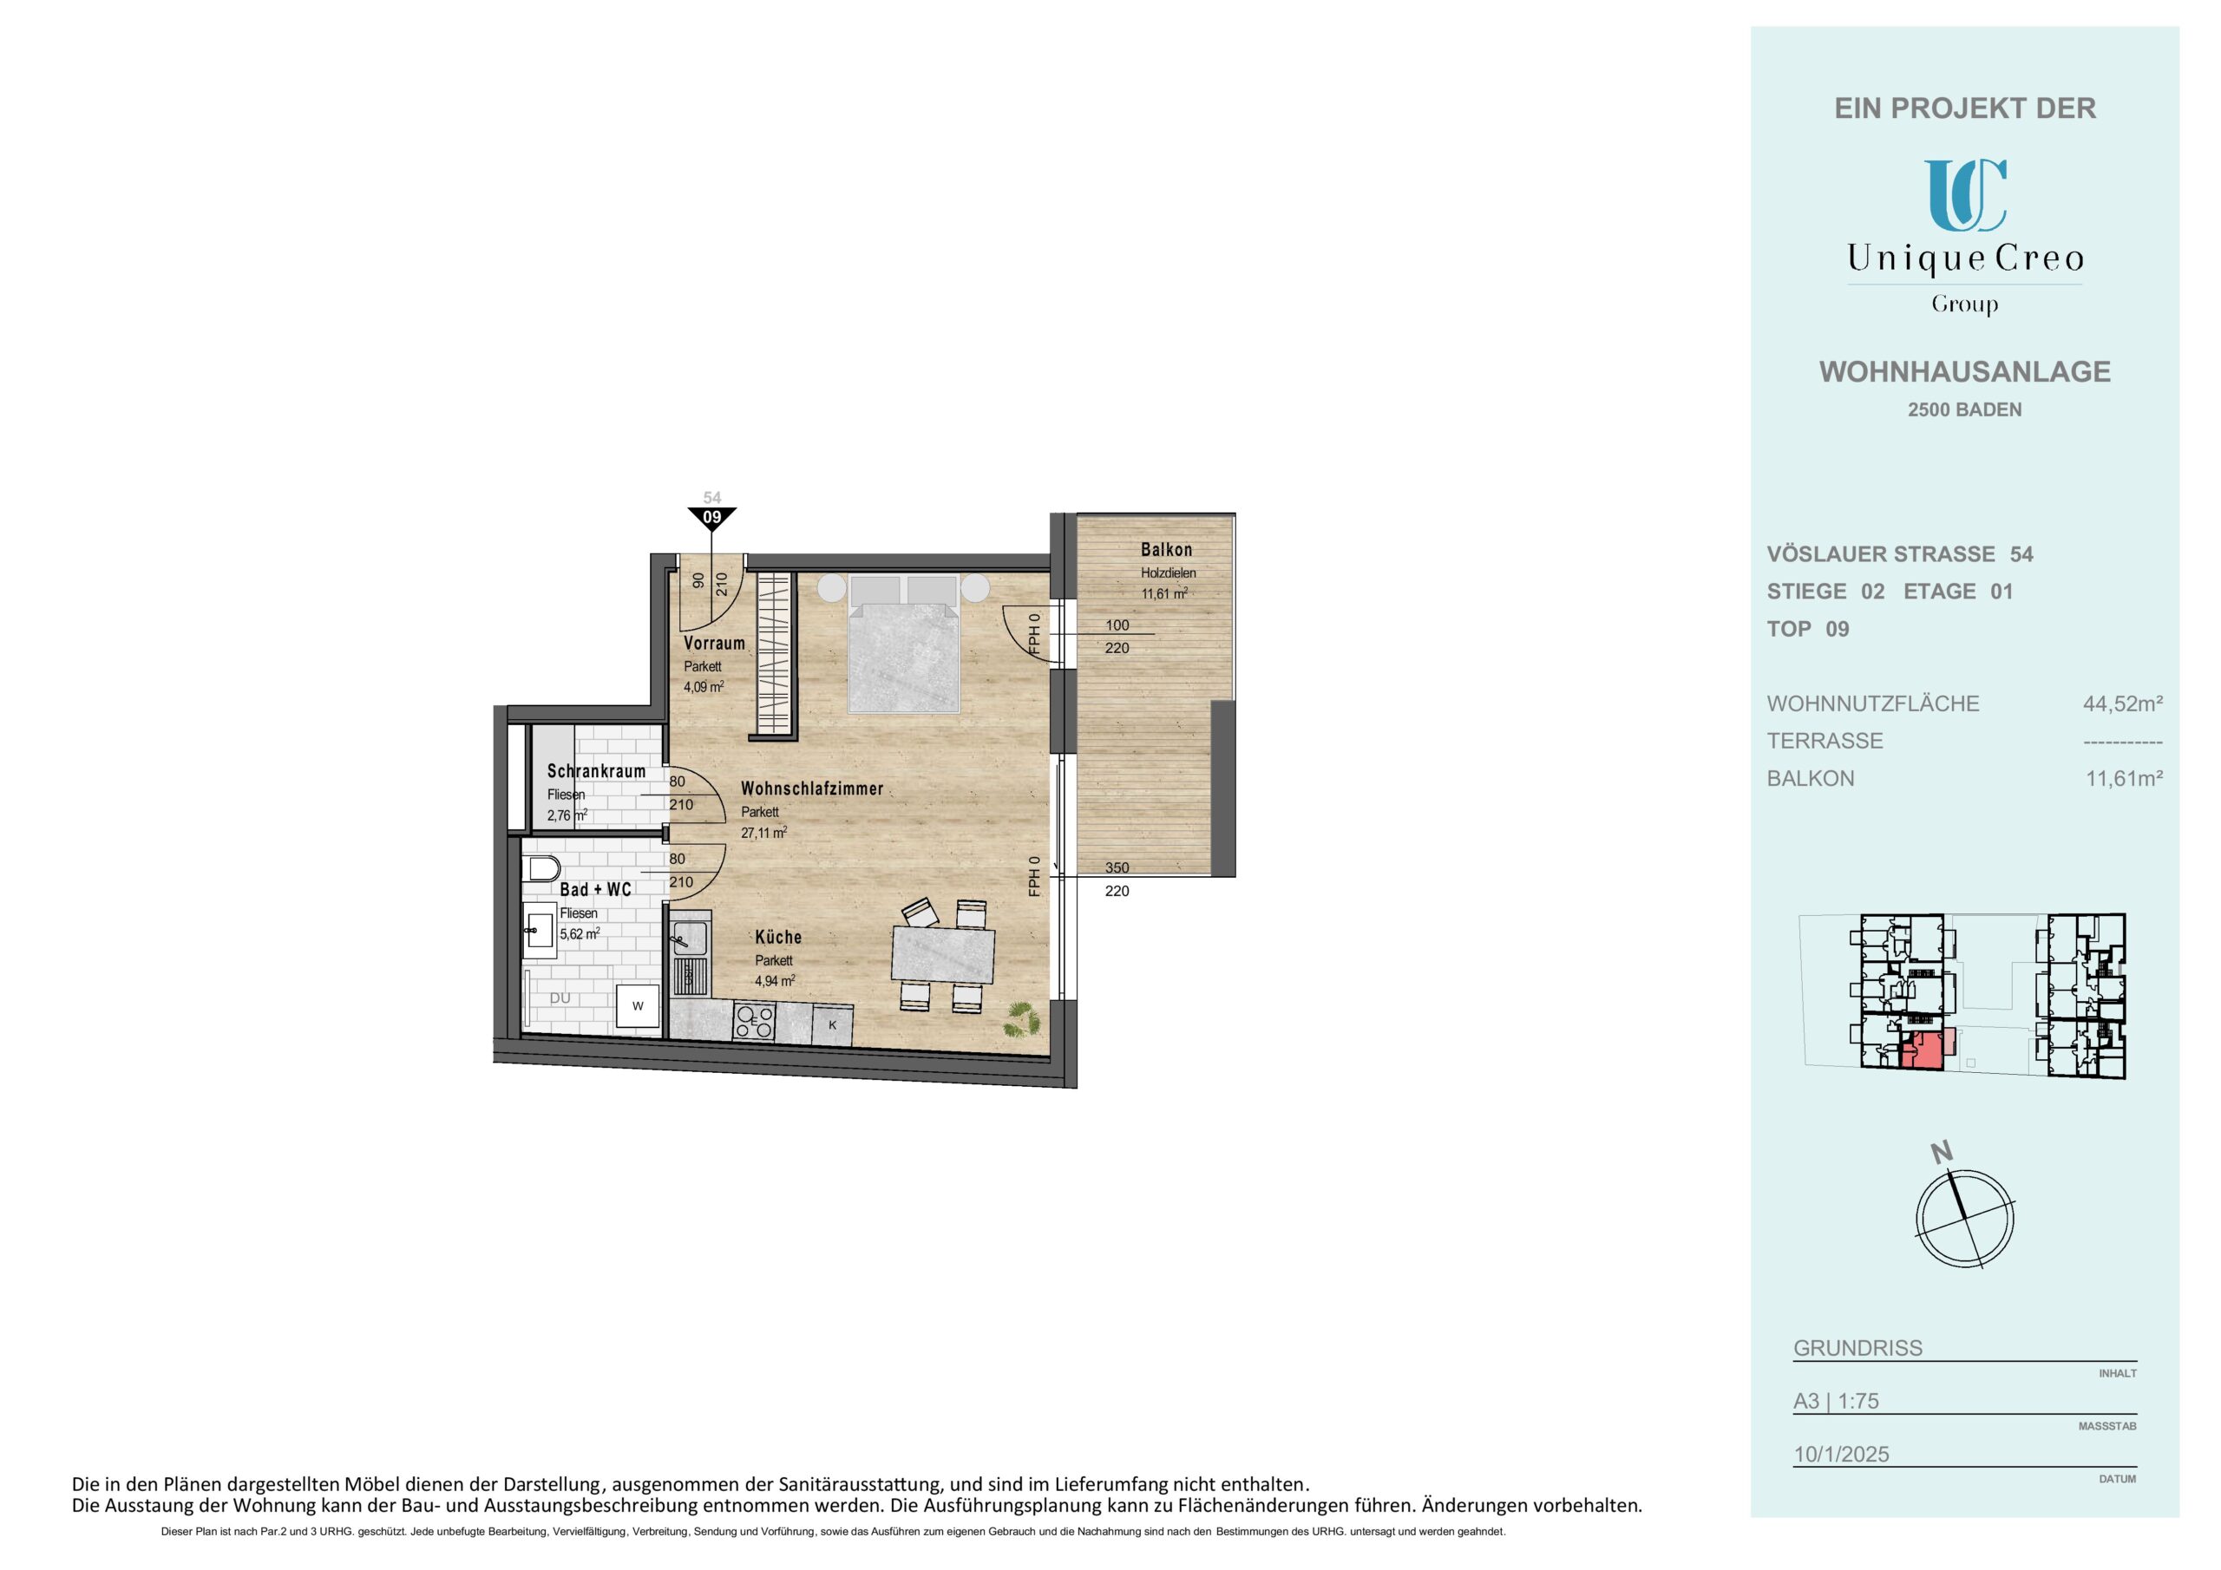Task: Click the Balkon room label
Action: tap(1166, 549)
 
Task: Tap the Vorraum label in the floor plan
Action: tap(714, 644)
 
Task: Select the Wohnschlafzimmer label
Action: tap(811, 788)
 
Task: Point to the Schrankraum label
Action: tap(596, 771)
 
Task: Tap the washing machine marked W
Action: tap(639, 1006)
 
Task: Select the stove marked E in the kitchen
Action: tap(755, 1019)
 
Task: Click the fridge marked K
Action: tap(832, 1024)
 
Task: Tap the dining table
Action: tap(943, 954)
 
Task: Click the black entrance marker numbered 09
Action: tap(712, 518)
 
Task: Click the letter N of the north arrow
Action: tap(1942, 1152)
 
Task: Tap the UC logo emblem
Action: tap(1965, 194)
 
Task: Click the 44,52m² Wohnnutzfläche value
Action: tap(2123, 703)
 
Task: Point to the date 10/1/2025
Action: tap(1841, 1454)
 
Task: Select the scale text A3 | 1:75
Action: tap(1836, 1401)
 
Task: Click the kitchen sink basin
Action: tap(690, 937)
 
